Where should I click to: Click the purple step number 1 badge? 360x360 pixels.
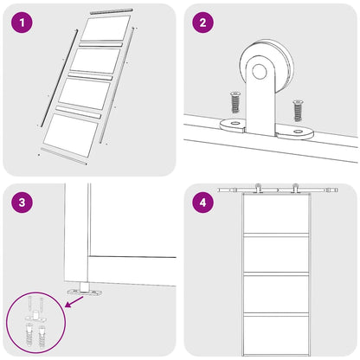22,22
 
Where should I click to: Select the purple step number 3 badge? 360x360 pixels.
22,204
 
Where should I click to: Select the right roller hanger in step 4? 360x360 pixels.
296,190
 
